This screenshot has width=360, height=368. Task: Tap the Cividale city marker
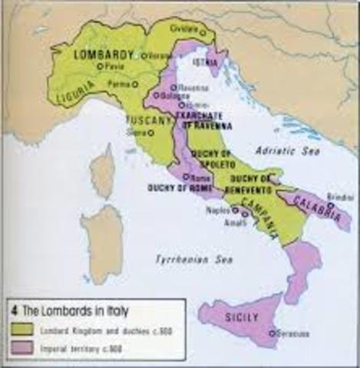203,33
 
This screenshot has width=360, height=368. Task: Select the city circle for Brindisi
329,205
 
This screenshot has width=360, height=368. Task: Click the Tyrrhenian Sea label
183,260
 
